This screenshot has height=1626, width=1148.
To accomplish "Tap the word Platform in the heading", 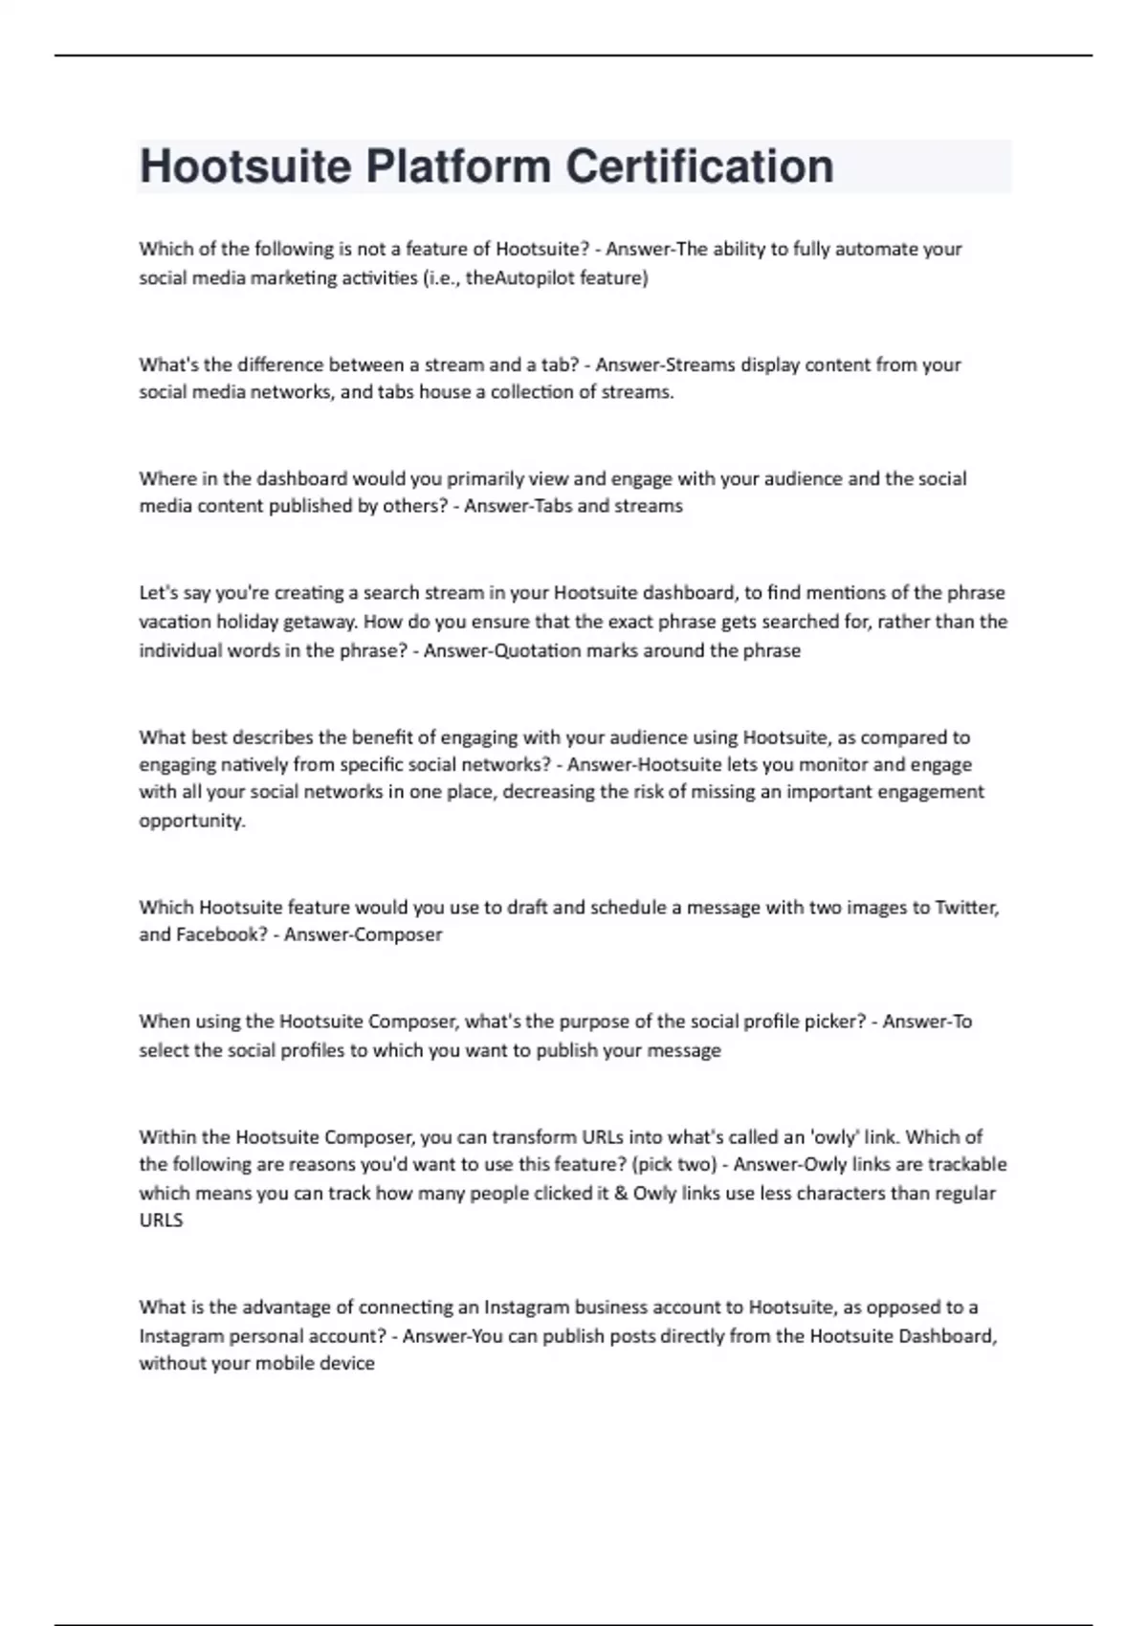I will click(x=456, y=166).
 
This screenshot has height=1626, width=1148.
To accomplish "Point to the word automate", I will click(x=877, y=249).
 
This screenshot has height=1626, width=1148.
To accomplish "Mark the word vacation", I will click(x=175, y=622).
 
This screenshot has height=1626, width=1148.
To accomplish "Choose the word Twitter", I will click(x=967, y=907).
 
